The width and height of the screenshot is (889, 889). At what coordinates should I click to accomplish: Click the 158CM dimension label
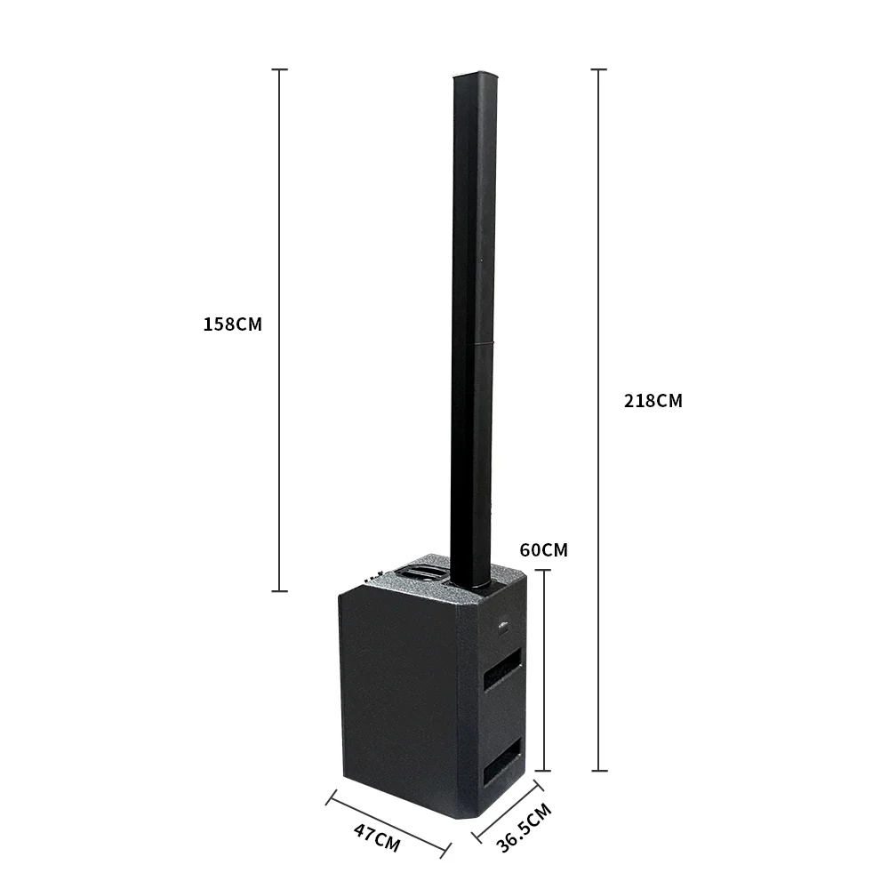(232, 324)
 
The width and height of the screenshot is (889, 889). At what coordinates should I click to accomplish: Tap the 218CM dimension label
(653, 401)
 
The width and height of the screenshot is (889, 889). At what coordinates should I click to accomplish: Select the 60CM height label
(544, 550)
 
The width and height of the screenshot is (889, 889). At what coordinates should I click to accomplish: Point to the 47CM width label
(376, 837)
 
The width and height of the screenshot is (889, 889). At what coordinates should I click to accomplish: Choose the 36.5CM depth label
(524, 827)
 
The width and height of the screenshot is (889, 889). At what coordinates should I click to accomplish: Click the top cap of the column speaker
(475, 76)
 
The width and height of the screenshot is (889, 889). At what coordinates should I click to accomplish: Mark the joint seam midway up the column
(474, 342)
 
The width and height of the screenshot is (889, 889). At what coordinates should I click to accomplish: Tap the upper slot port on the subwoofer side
(502, 669)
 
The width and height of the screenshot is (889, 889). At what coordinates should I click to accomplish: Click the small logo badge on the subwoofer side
(503, 626)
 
